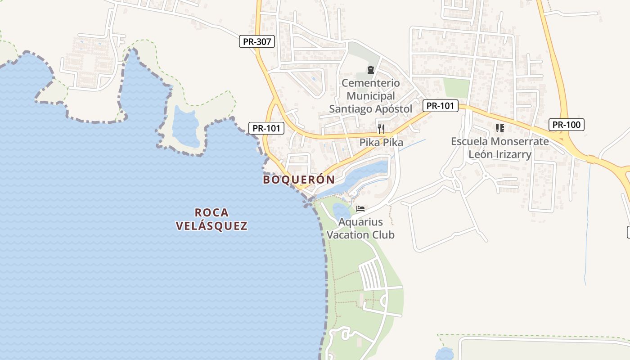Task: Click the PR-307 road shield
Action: tap(256, 42)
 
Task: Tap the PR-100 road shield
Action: tap(566, 125)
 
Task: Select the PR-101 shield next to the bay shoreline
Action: tap(266, 128)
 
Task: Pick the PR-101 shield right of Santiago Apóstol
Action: tap(440, 106)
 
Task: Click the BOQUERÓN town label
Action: tap(299, 180)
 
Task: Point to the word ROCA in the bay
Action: tap(212, 212)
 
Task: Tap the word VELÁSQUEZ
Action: tap(212, 226)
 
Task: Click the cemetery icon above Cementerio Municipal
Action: tap(370, 70)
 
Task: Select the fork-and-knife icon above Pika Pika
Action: tap(381, 129)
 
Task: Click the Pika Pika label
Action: tap(381, 143)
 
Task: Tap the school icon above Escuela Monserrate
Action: tap(499, 128)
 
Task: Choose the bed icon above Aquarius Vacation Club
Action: tap(360, 208)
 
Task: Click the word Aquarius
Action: tap(360, 222)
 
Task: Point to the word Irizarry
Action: tap(511, 154)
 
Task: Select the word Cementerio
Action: tap(370, 83)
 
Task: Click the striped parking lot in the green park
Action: tap(370, 275)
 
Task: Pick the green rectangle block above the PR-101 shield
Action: tap(456, 88)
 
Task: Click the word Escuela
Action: tap(469, 141)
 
